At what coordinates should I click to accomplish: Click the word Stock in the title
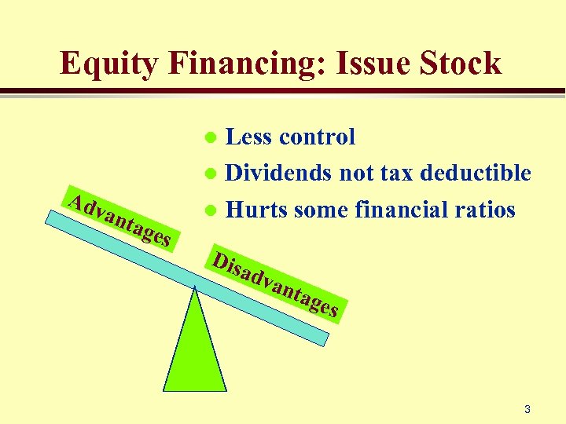(x=460, y=63)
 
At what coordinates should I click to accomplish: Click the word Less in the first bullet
(x=250, y=137)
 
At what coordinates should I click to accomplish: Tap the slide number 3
(x=527, y=409)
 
